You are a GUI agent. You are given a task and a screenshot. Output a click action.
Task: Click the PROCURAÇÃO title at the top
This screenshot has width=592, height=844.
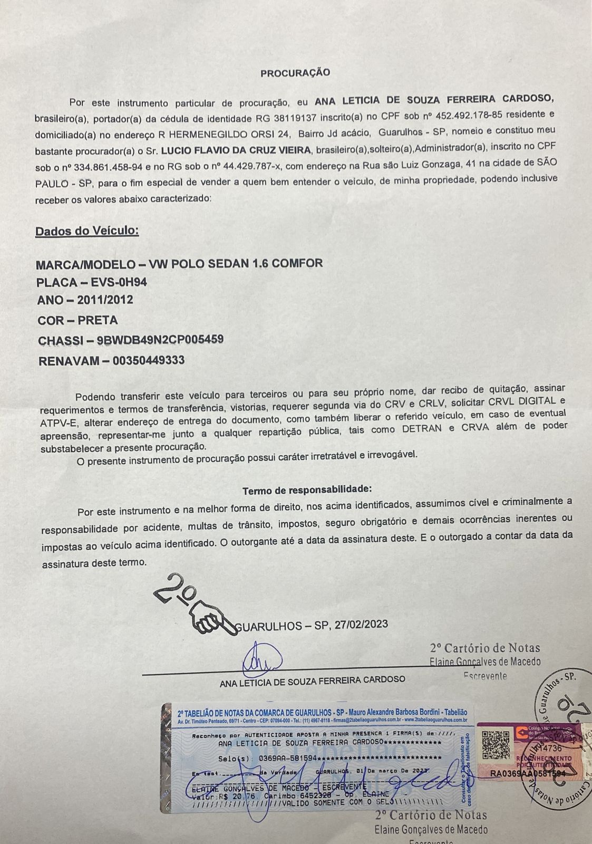point(295,73)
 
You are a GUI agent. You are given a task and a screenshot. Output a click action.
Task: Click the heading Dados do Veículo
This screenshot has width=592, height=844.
point(87,231)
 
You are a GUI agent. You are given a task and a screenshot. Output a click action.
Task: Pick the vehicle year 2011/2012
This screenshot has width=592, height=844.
point(105,300)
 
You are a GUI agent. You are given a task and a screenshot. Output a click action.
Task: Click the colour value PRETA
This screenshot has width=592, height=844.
point(98,320)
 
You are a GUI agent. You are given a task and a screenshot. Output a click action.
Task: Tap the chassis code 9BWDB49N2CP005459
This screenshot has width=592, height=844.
point(160,340)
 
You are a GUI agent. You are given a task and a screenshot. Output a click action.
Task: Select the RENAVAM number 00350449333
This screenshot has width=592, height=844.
point(149,361)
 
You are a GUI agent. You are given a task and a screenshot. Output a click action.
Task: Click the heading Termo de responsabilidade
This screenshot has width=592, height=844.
point(307,490)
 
